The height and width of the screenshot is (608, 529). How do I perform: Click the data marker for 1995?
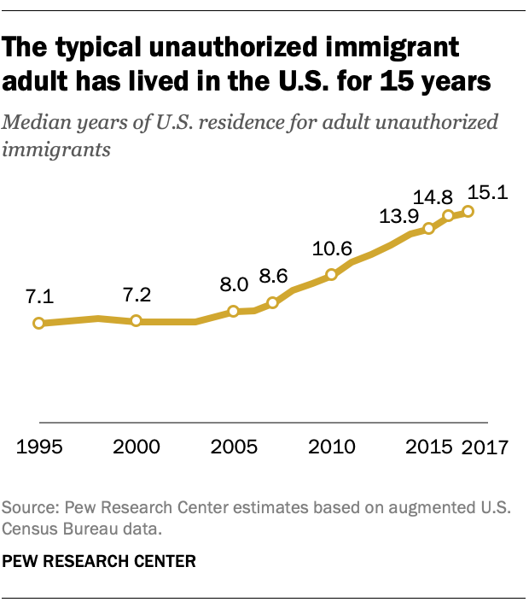pyautogui.click(x=38, y=323)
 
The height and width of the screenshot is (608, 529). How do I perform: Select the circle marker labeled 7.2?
pyautogui.click(x=136, y=321)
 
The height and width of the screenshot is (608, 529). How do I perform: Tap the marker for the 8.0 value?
pyautogui.click(x=234, y=312)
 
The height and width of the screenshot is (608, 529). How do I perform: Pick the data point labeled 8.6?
pyautogui.click(x=273, y=302)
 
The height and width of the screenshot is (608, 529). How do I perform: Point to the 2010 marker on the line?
pyautogui.click(x=331, y=275)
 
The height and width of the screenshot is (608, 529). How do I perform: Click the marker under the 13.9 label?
pyautogui.click(x=429, y=228)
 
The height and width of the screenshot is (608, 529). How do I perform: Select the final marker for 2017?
pyautogui.click(x=468, y=211)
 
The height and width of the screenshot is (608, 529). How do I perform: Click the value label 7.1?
pyautogui.click(x=39, y=298)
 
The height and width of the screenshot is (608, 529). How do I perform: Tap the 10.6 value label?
pyautogui.click(x=331, y=249)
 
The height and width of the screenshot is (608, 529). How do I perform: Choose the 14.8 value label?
pyautogui.click(x=435, y=196)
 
